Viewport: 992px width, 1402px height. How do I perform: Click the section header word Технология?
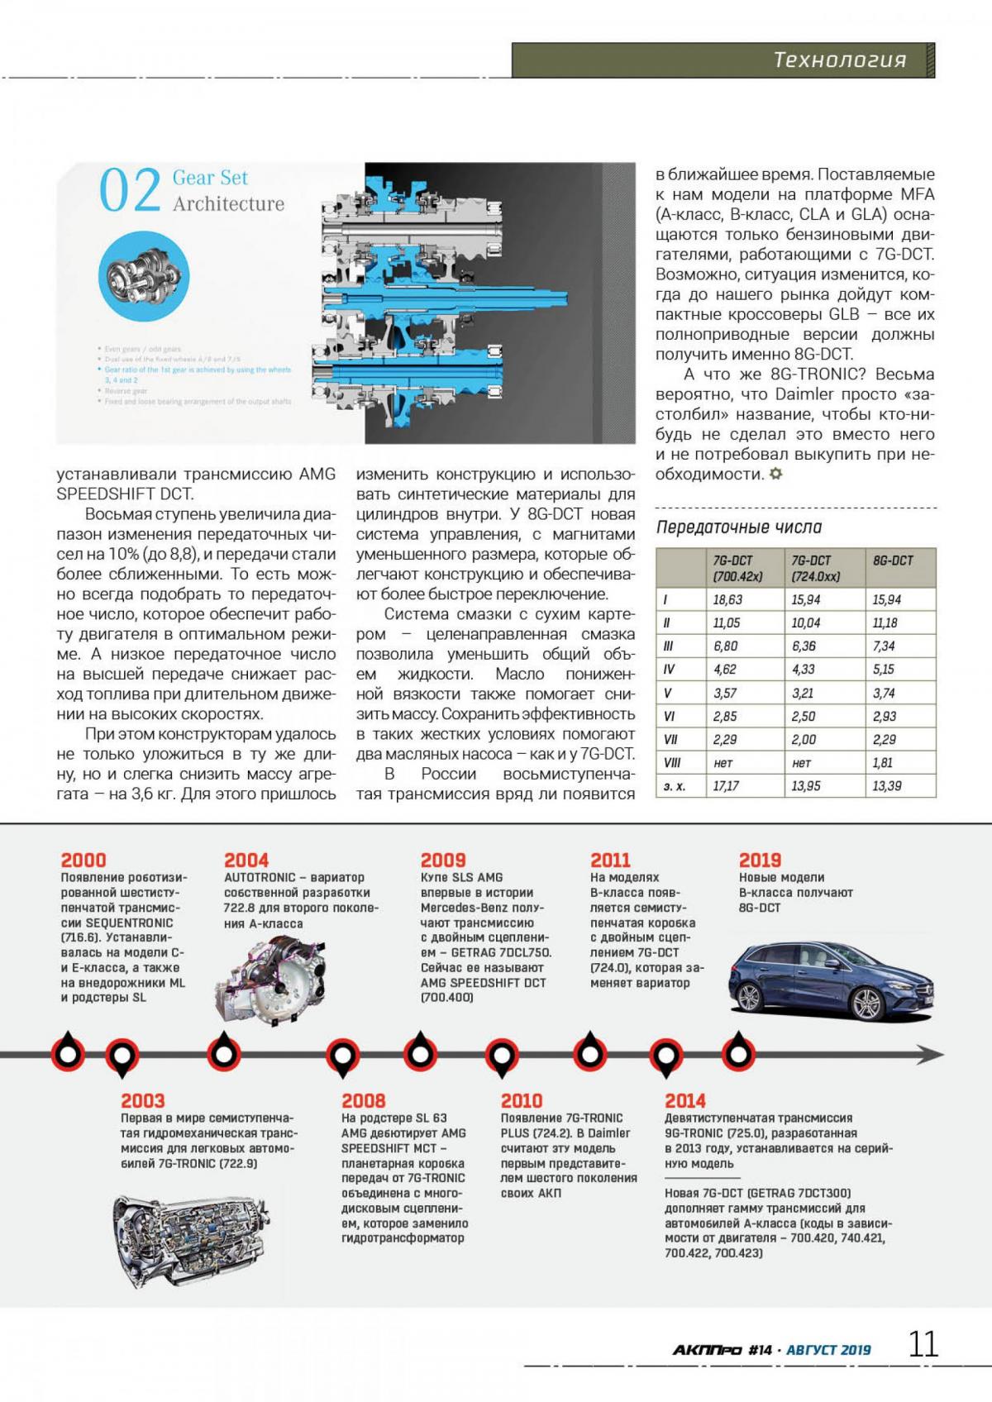[839, 60]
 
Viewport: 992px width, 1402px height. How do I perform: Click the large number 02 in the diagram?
[129, 191]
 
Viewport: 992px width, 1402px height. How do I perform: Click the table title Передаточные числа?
[739, 527]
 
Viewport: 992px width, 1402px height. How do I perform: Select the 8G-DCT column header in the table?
[893, 560]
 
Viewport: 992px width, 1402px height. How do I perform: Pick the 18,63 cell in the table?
[727, 600]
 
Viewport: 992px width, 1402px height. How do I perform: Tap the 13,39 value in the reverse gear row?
[886, 786]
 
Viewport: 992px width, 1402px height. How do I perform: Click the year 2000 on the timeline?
[83, 861]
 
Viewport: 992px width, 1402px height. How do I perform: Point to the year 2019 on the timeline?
[760, 861]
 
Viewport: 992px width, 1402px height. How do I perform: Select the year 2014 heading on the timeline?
[685, 1101]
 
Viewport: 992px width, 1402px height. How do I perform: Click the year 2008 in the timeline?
[363, 1101]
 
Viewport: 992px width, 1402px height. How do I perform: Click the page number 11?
[923, 1345]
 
